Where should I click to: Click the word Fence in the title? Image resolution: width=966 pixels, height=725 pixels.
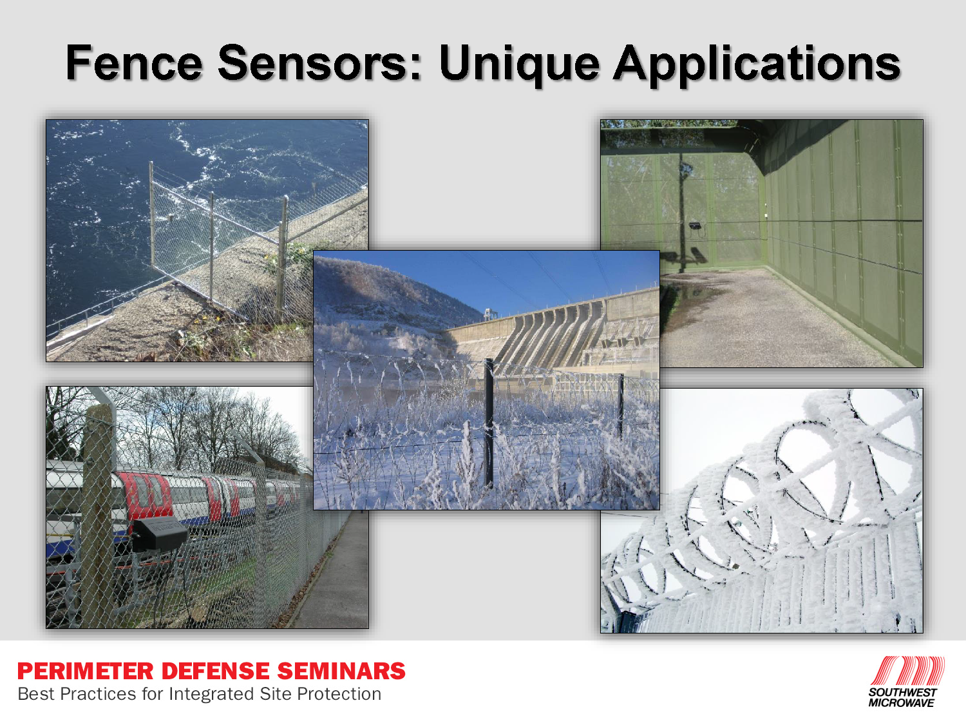coord(134,63)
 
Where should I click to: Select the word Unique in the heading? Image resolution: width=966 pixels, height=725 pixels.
coord(519,64)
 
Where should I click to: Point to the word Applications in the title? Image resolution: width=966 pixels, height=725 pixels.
coord(756,64)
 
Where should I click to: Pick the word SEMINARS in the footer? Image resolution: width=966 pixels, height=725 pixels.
coord(341,671)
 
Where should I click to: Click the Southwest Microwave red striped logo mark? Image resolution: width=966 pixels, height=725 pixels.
coord(908,671)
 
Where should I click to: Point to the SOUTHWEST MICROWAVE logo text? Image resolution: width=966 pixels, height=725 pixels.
coord(902,698)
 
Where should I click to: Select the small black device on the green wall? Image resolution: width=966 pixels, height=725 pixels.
coord(695,226)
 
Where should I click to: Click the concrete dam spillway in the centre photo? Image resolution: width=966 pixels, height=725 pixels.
coord(547,335)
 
